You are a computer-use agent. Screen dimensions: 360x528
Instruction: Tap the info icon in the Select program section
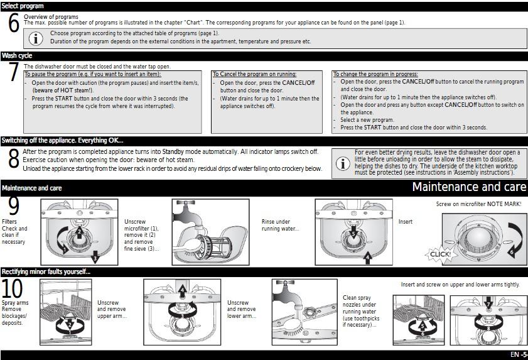click(x=37, y=37)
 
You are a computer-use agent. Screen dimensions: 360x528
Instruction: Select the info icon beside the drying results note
click(x=343, y=163)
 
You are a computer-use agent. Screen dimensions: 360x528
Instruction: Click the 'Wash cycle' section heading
click(x=17, y=56)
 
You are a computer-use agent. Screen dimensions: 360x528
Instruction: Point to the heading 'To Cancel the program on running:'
click(x=254, y=74)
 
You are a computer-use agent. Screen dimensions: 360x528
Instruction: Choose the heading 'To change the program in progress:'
click(x=375, y=74)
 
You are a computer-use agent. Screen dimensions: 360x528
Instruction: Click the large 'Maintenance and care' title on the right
click(x=468, y=187)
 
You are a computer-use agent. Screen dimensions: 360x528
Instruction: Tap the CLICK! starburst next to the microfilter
click(x=439, y=254)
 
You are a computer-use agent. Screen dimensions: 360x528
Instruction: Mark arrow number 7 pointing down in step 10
click(x=488, y=305)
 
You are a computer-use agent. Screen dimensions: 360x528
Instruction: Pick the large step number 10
click(x=13, y=289)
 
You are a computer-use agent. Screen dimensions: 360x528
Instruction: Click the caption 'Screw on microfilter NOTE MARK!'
click(x=478, y=204)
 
